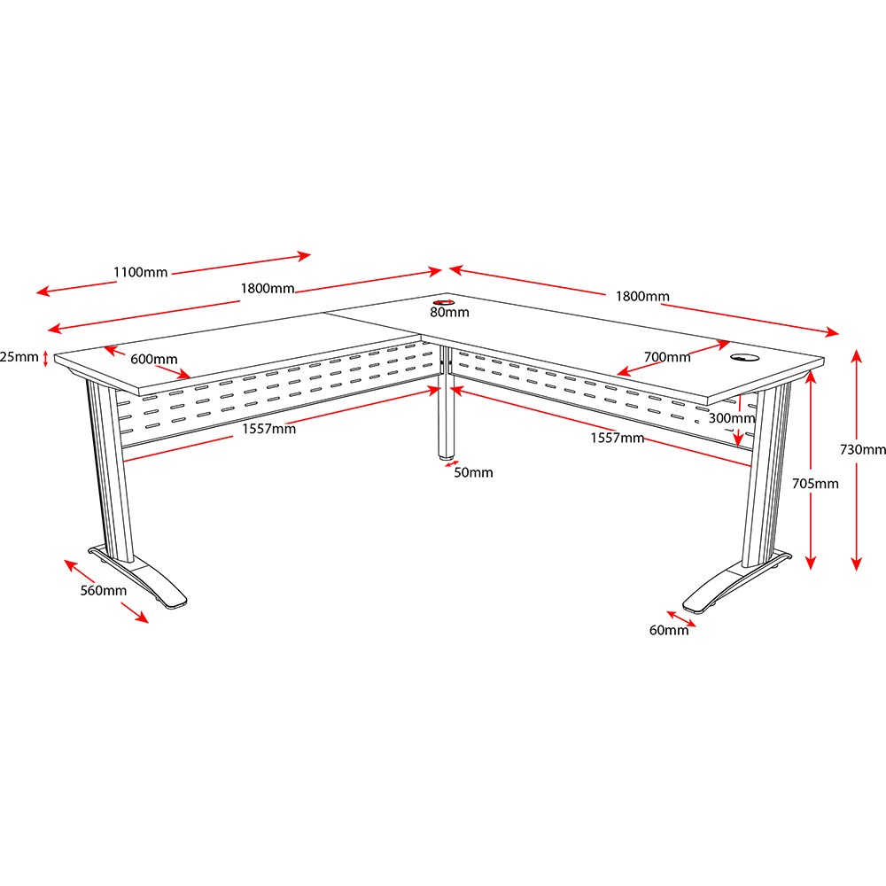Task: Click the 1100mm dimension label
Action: tap(141, 272)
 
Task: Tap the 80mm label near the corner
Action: tap(450, 313)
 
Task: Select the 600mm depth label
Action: tap(153, 360)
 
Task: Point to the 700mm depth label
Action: tap(667, 357)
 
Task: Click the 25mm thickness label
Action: tap(19, 357)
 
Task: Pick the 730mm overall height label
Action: tap(863, 450)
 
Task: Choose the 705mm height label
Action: tap(815, 484)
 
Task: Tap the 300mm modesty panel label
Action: tap(732, 418)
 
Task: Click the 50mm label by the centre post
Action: tap(473, 472)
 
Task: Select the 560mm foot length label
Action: tap(104, 590)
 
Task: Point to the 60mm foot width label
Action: tap(669, 630)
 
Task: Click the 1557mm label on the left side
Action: tap(269, 429)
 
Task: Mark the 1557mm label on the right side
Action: tap(618, 438)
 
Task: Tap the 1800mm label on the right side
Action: tap(642, 296)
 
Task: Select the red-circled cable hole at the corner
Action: tap(445, 303)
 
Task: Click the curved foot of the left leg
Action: tap(138, 577)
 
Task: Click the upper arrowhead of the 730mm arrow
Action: tap(857, 356)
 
